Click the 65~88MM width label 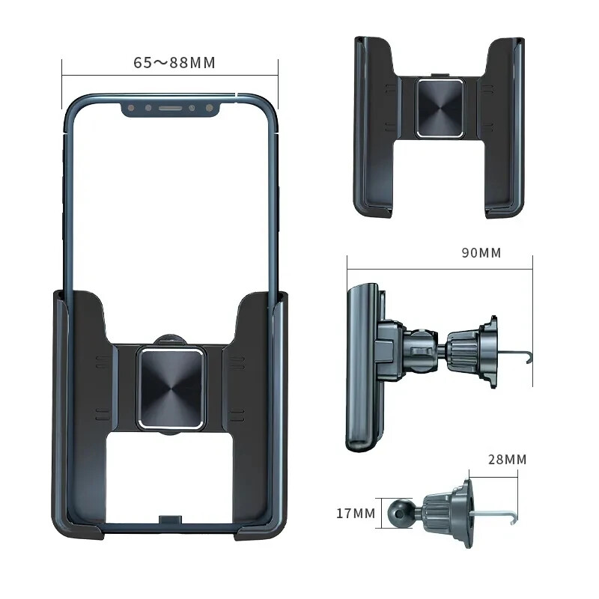click(174, 63)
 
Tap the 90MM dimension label click(481, 252)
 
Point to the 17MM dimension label click(355, 514)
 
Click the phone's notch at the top click(171, 108)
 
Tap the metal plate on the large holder click(170, 388)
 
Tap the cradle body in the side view click(362, 367)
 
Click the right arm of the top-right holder click(506, 127)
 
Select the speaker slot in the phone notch click(171, 109)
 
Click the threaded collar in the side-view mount click(464, 346)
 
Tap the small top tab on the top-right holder click(439, 76)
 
